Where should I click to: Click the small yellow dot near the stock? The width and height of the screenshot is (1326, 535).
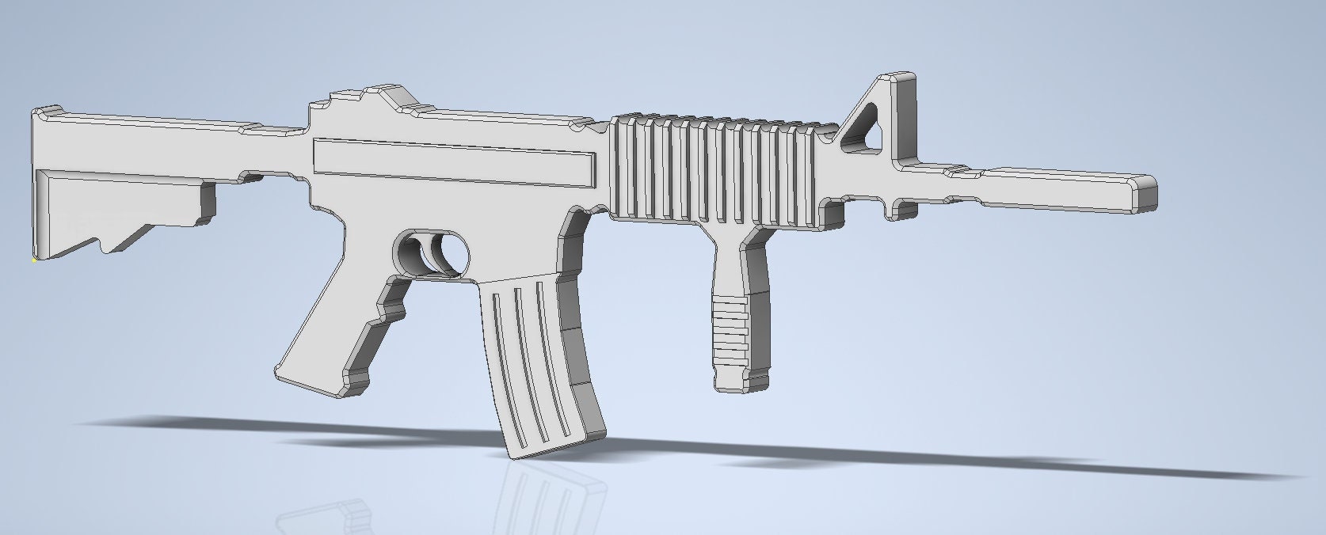click(34, 259)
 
